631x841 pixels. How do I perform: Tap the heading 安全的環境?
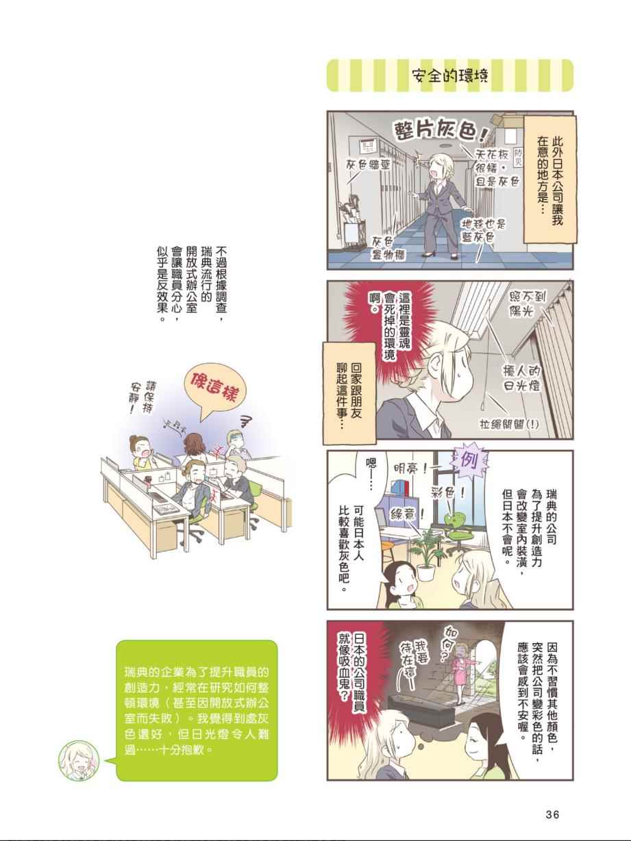(x=449, y=76)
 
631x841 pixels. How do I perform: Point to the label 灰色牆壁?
(x=368, y=165)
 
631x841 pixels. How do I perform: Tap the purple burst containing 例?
(x=469, y=460)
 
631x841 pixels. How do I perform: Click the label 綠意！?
(x=406, y=514)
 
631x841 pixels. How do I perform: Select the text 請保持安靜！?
(x=143, y=398)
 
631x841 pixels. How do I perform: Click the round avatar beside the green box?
(x=79, y=761)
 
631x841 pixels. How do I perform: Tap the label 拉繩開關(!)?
(x=509, y=425)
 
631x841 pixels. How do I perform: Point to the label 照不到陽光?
(x=527, y=303)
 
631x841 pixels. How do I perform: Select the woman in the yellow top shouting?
(x=143, y=451)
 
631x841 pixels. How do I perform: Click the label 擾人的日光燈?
(x=522, y=378)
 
